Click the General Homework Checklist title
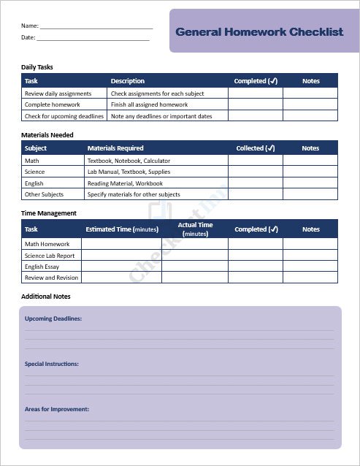[x=259, y=31]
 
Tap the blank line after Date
[x=93, y=38]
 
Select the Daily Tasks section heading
[x=37, y=67]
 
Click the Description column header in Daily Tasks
[x=128, y=81]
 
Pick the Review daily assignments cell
[x=58, y=93]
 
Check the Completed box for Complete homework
[x=255, y=104]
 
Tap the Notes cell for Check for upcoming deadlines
[x=310, y=116]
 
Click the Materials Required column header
[x=115, y=148]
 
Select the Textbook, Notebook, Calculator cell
[x=129, y=160]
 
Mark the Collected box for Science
[x=255, y=172]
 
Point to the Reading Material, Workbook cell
[x=125, y=183]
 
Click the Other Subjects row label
[x=44, y=194]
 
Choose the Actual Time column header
[x=195, y=229]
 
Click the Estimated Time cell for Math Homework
[x=121, y=244]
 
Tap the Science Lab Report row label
[x=50, y=256]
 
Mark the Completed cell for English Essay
[x=256, y=267]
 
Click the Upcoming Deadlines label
[x=53, y=319]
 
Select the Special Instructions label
[x=52, y=364]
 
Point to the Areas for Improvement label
[x=57, y=409]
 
